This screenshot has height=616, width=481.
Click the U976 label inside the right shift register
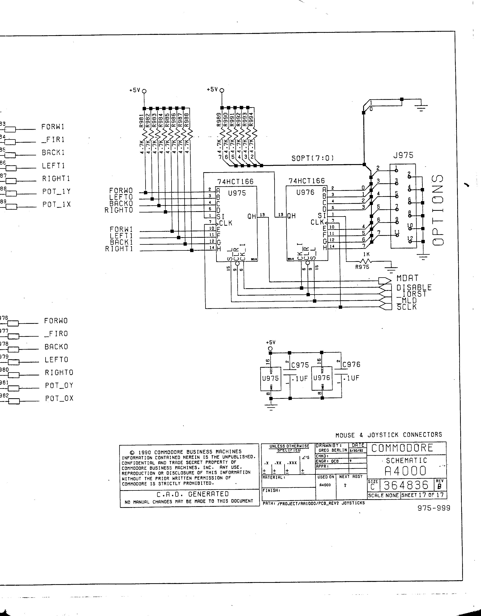(305, 192)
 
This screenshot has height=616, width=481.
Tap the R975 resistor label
(362, 267)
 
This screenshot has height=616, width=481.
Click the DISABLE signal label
(414, 287)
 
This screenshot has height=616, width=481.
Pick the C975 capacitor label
(300, 365)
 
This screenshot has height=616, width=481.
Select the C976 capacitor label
(351, 364)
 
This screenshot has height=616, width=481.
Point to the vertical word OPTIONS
(438, 210)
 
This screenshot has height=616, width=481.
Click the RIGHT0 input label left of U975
(119, 210)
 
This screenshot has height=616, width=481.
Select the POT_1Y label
(56, 192)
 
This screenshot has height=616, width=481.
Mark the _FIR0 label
(56, 334)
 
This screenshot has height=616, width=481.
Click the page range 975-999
(433, 508)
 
